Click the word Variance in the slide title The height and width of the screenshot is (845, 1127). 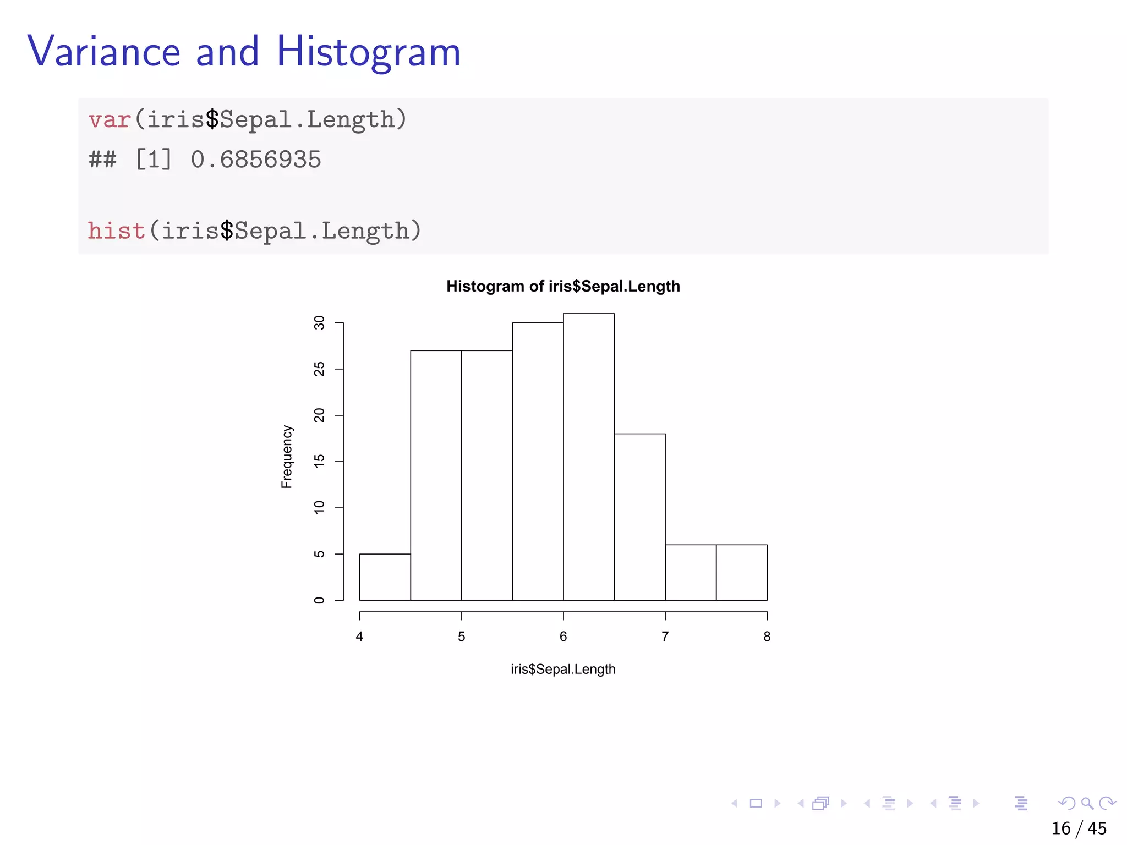pyautogui.click(x=104, y=52)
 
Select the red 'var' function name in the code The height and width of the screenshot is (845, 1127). pyautogui.click(x=110, y=120)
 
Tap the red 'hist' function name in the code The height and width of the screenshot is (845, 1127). pyautogui.click(x=117, y=231)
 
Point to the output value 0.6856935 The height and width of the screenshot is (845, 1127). pyautogui.click(x=256, y=160)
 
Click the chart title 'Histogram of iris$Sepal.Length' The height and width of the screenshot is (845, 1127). pyautogui.click(x=563, y=286)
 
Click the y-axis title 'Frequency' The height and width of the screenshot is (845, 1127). pyautogui.click(x=287, y=457)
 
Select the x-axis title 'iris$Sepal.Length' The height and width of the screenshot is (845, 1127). pyautogui.click(x=563, y=669)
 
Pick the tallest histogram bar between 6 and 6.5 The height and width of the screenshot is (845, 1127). pyautogui.click(x=589, y=457)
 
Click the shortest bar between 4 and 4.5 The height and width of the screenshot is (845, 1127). pyautogui.click(x=385, y=577)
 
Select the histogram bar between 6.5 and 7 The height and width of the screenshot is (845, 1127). pyautogui.click(x=639, y=517)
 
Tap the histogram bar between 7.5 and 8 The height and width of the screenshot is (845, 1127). pyautogui.click(x=741, y=572)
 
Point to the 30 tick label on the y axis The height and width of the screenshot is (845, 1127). pyautogui.click(x=319, y=323)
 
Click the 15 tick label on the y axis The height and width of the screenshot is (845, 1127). pyautogui.click(x=319, y=461)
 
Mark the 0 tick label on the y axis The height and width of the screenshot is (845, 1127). pyautogui.click(x=319, y=600)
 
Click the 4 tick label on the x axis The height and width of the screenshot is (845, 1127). pyautogui.click(x=359, y=637)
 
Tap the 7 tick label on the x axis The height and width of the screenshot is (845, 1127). pyautogui.click(x=665, y=637)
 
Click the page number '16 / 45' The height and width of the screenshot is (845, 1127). pyautogui.click(x=1079, y=828)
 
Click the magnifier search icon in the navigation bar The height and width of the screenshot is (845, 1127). pyautogui.click(x=1087, y=803)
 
